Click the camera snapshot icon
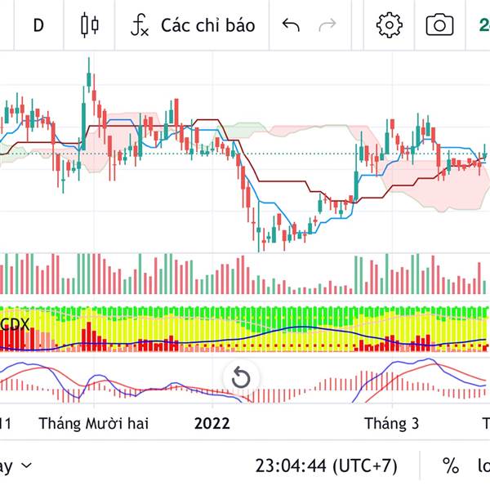[x=439, y=24]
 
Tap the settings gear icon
[x=390, y=24]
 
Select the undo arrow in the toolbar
[x=291, y=24]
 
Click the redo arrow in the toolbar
[x=327, y=24]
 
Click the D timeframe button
[x=38, y=24]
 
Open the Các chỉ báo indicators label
[x=207, y=24]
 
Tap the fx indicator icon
[x=140, y=24]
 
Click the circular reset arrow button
[x=241, y=377]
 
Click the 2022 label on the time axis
[x=212, y=423]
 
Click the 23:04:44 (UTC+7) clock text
[x=326, y=465]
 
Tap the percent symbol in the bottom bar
[x=451, y=465]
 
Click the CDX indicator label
[x=16, y=324]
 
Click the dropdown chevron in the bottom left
[x=26, y=465]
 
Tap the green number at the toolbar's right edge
[x=483, y=24]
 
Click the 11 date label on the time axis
[x=6, y=423]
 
